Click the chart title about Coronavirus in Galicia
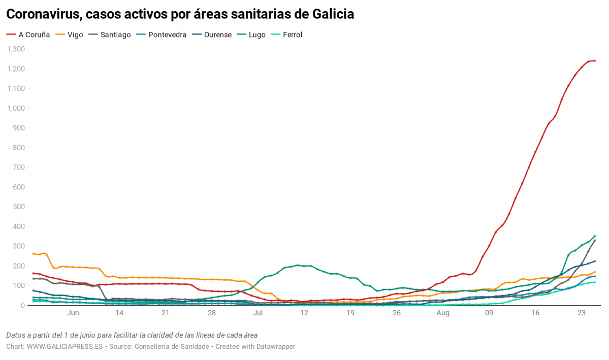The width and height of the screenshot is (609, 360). pyautogui.click(x=180, y=15)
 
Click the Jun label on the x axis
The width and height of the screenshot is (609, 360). pyautogui.click(x=73, y=313)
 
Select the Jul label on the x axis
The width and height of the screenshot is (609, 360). pyautogui.click(x=258, y=313)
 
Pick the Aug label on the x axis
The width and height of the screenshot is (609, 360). pyautogui.click(x=443, y=313)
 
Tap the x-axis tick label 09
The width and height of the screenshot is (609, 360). pyautogui.click(x=489, y=313)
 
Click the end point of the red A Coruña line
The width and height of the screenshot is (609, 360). pyautogui.click(x=595, y=60)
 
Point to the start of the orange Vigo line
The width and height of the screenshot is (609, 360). pyautogui.click(x=33, y=253)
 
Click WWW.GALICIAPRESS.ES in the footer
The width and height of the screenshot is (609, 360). pyautogui.click(x=65, y=346)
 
